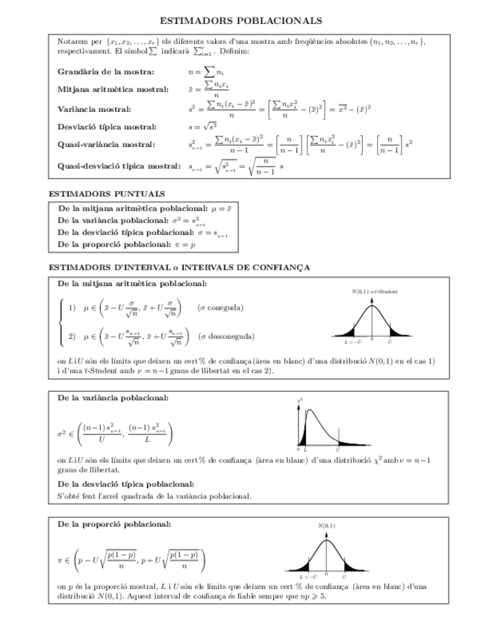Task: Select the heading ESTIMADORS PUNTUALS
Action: click(107, 194)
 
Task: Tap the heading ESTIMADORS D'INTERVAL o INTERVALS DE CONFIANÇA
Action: click(179, 267)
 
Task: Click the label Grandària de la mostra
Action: click(106, 72)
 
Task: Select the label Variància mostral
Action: click(94, 109)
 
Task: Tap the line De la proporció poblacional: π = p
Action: click(126, 244)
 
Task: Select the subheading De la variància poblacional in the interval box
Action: click(113, 398)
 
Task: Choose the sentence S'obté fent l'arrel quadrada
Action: click(155, 496)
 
